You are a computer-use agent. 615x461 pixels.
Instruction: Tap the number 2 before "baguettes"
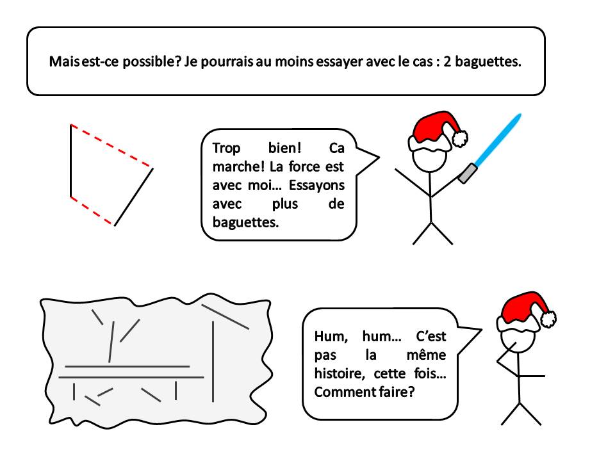point(447,61)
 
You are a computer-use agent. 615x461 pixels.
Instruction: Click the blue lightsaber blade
point(498,140)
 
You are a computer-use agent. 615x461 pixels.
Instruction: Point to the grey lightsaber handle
point(468,174)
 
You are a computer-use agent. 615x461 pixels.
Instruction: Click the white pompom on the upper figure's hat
point(460,138)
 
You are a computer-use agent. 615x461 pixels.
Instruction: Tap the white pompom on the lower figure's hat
point(548,319)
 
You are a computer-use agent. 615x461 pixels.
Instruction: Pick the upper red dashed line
point(111,146)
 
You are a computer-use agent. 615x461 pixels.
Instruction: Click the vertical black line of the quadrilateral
point(71,161)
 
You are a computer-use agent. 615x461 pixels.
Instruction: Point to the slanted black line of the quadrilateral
point(133,197)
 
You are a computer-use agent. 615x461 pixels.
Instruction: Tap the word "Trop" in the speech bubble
point(226,149)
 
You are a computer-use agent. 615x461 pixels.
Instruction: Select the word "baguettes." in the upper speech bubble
point(245,222)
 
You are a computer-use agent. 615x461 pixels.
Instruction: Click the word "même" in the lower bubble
point(426,355)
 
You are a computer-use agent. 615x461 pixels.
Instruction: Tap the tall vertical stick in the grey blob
point(213,361)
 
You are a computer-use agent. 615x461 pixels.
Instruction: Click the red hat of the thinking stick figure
point(525,307)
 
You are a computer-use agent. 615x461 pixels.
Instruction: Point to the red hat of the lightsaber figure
point(436,127)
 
